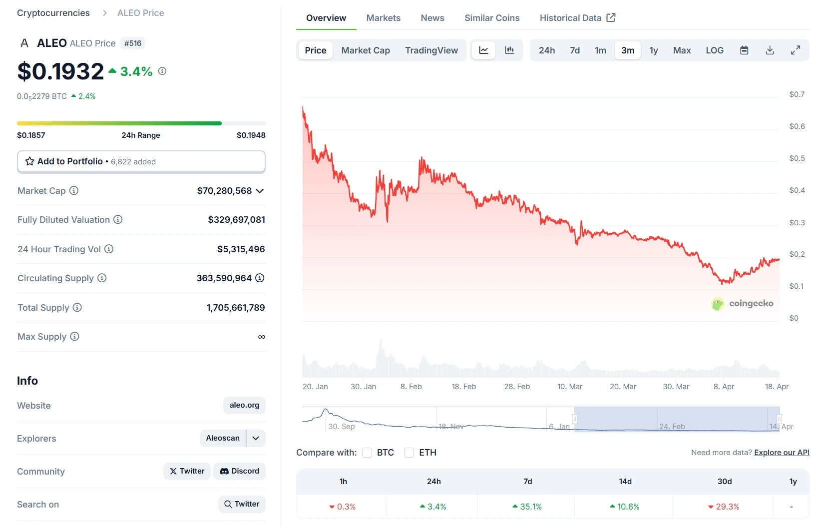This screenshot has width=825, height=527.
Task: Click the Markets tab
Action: click(x=383, y=18)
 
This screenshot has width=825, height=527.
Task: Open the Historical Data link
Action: click(x=577, y=18)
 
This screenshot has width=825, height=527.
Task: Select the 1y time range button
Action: click(x=653, y=50)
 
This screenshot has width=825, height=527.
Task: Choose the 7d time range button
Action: click(x=575, y=50)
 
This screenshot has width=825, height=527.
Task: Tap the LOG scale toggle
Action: click(x=714, y=50)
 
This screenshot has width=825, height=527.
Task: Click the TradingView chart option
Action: click(x=431, y=50)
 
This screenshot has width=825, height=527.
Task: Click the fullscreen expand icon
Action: click(x=796, y=50)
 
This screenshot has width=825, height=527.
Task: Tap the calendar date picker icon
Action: click(x=744, y=50)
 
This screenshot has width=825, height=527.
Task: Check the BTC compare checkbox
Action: click(x=367, y=453)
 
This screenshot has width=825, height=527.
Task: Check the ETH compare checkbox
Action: click(x=409, y=453)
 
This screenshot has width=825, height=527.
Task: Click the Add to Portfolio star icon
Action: click(x=30, y=161)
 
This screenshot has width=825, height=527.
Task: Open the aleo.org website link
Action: click(x=244, y=405)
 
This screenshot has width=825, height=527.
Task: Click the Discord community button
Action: click(x=240, y=471)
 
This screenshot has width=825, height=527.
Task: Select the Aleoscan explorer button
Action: click(x=223, y=438)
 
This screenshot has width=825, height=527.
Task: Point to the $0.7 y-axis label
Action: click(x=797, y=94)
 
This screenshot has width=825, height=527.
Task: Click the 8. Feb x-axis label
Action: click(x=411, y=387)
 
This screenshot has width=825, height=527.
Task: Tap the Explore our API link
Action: click(x=782, y=453)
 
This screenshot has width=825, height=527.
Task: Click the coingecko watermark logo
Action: click(x=742, y=303)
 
